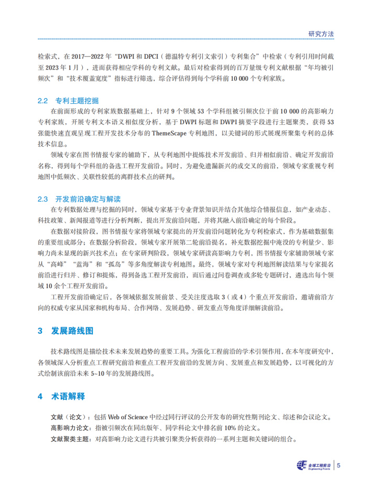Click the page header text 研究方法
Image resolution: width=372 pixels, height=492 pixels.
(321, 33)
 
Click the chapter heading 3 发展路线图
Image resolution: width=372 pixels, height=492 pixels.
(66, 331)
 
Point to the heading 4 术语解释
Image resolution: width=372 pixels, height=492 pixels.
(61, 396)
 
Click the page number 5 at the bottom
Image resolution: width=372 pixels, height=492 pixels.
(339, 465)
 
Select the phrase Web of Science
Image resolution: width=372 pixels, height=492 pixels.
(128, 418)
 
